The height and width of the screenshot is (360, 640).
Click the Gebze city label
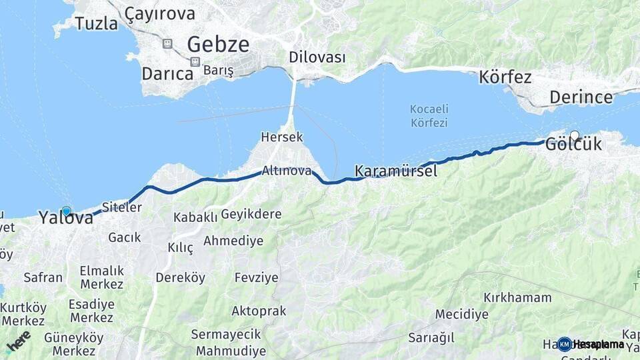point(218,45)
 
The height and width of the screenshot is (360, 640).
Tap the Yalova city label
point(65,217)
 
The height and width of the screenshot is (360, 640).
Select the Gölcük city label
point(573,144)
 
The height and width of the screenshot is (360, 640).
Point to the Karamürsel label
point(396,171)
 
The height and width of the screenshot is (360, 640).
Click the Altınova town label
point(287,171)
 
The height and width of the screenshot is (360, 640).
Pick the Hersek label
point(282,137)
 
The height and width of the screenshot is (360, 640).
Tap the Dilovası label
point(317,57)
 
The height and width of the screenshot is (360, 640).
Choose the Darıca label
point(167,73)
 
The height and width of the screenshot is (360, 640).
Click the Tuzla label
point(96,23)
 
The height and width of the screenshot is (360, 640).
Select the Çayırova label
point(160,13)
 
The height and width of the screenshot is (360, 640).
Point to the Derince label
point(581,97)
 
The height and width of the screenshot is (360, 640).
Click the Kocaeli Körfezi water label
point(429,115)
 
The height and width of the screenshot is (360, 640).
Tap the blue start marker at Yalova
point(66,211)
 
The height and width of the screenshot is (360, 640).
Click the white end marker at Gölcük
point(574,135)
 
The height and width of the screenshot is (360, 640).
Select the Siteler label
point(122,207)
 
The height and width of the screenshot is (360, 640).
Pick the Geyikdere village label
point(251,215)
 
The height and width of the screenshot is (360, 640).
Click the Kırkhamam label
point(517,297)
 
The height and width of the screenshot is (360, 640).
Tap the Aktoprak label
point(259,311)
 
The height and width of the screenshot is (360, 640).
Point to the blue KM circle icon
point(565,344)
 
